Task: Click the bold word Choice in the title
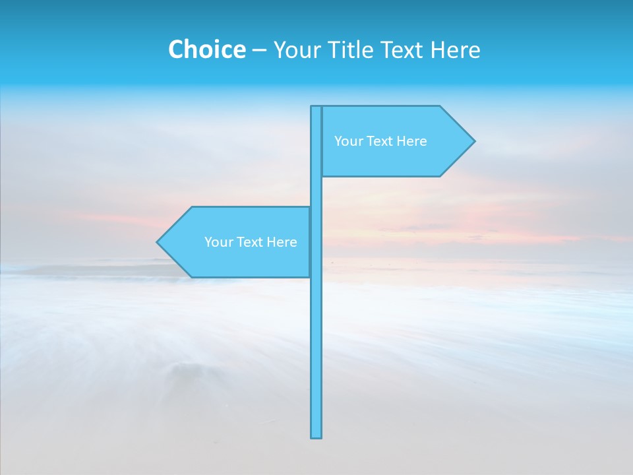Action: [206, 49]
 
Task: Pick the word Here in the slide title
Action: [456, 49]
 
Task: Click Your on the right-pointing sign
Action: [348, 141]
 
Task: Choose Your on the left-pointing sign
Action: [218, 242]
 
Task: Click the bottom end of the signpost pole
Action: [316, 435]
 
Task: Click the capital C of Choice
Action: [176, 49]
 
